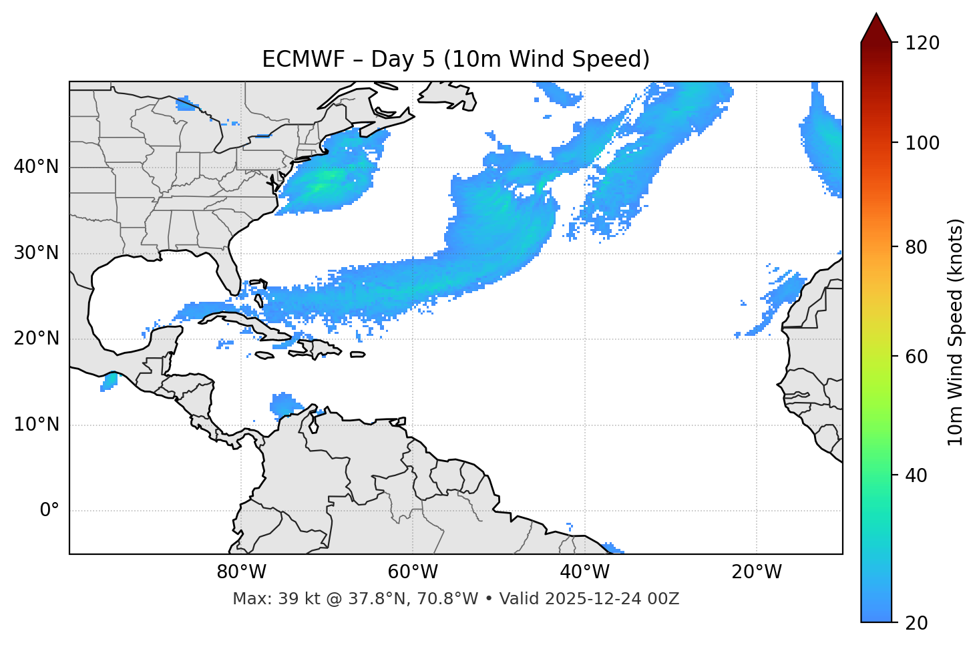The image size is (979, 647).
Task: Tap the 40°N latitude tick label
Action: pyautogui.click(x=36, y=167)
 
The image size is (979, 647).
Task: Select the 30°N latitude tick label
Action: pyautogui.click(x=36, y=253)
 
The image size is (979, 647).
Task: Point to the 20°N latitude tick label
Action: pyautogui.click(x=36, y=339)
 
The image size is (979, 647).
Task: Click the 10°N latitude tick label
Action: pyautogui.click(x=36, y=425)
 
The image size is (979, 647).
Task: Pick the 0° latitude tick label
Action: pyautogui.click(x=49, y=511)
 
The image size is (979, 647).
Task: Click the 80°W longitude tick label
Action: pyautogui.click(x=241, y=572)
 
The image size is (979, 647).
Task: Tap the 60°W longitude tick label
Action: pyautogui.click(x=413, y=572)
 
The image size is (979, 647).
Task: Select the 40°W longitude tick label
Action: pyautogui.click(x=584, y=572)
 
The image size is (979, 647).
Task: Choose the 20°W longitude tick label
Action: pyautogui.click(x=756, y=572)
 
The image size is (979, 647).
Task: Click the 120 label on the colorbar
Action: pyautogui.click(x=922, y=43)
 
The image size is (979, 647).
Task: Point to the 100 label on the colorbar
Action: pyautogui.click(x=922, y=143)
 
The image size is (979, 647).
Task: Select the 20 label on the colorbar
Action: pyautogui.click(x=916, y=623)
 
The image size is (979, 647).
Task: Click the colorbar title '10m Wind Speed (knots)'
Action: pyautogui.click(x=956, y=332)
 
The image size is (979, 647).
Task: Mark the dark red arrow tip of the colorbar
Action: pyautogui.click(x=876, y=20)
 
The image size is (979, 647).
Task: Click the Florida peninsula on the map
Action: pyautogui.click(x=228, y=274)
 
